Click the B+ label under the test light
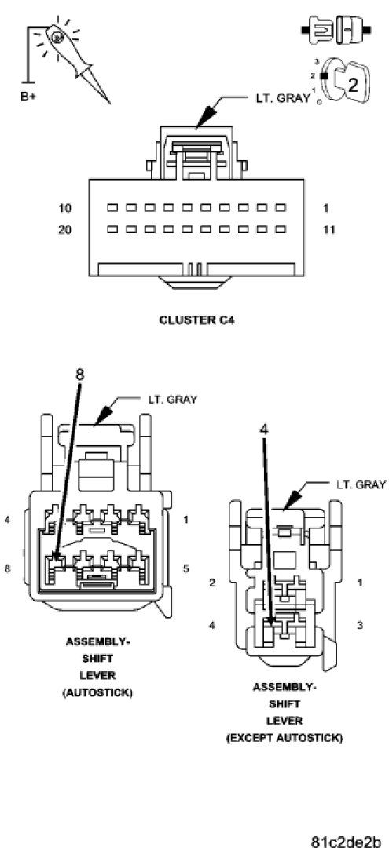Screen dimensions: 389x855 click(29, 97)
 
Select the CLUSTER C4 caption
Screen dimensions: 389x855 click(196, 320)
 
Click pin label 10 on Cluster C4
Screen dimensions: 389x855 click(64, 208)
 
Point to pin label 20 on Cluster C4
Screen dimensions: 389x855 click(64, 230)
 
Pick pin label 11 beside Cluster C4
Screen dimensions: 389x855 click(328, 230)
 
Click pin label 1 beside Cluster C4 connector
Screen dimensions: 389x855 click(325, 208)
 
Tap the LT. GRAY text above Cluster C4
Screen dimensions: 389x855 click(282, 99)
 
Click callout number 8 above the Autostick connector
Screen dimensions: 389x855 click(79, 375)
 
